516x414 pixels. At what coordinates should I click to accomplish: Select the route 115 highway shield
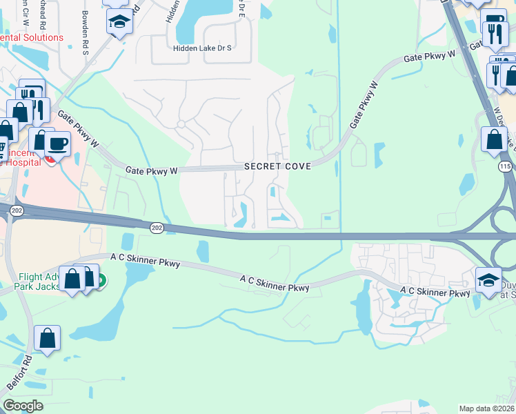point(505,168)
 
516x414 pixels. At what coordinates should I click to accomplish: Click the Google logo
point(23,406)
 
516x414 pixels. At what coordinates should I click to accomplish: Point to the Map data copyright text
point(486,408)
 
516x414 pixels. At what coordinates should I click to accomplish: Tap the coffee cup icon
point(57,144)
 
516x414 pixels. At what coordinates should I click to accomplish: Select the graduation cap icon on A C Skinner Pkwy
point(488,279)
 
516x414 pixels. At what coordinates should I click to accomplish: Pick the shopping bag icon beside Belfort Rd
point(47,338)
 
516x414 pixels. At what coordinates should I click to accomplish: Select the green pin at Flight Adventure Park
point(101,281)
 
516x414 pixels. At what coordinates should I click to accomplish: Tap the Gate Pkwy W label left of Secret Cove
point(151,169)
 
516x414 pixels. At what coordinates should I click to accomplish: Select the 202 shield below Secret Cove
point(157,226)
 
